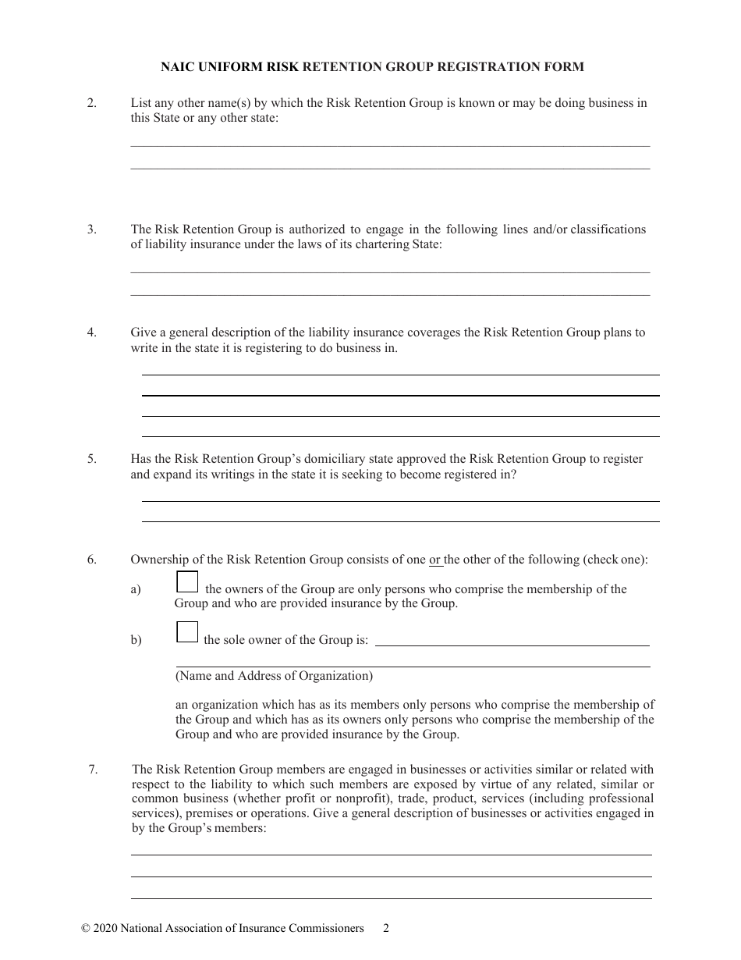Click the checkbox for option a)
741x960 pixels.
pos(187,582)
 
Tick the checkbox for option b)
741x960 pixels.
pos(187,631)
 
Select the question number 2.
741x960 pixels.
pos(91,103)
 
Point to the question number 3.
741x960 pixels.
pos(91,229)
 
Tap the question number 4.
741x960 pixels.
pos(91,332)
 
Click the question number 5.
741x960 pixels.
pos(91,459)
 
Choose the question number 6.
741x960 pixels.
pos(91,560)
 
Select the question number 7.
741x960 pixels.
pos(93,770)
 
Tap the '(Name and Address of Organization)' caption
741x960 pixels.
pos(274,676)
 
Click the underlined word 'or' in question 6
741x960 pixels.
pos(435,560)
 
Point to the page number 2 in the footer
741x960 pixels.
pos(386,929)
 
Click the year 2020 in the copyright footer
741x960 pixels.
pos(105,929)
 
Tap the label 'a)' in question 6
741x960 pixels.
pos(136,590)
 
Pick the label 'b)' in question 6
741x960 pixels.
pos(136,640)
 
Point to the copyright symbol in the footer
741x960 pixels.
pos(85,929)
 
